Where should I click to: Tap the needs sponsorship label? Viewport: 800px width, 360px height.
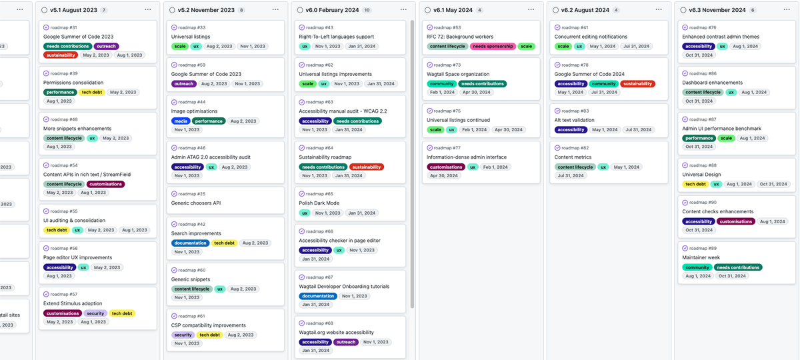click(492, 47)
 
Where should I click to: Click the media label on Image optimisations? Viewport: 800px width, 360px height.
click(181, 121)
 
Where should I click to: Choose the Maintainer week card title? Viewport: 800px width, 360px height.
click(701, 257)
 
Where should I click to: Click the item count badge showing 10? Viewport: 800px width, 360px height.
click(367, 11)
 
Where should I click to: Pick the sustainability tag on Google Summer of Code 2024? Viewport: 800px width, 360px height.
click(637, 84)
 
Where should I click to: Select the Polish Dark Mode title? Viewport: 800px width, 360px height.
click(319, 203)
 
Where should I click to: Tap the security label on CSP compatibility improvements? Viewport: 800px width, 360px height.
click(183, 335)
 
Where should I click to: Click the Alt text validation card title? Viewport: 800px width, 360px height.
click(574, 120)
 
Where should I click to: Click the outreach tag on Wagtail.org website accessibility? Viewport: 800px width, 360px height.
click(345, 342)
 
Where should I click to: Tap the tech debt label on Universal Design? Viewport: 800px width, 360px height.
click(695, 184)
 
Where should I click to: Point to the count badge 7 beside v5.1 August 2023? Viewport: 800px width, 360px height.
click(104, 11)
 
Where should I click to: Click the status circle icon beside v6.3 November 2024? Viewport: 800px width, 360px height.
click(681, 10)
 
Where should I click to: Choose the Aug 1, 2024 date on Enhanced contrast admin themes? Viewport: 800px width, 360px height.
click(745, 47)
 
